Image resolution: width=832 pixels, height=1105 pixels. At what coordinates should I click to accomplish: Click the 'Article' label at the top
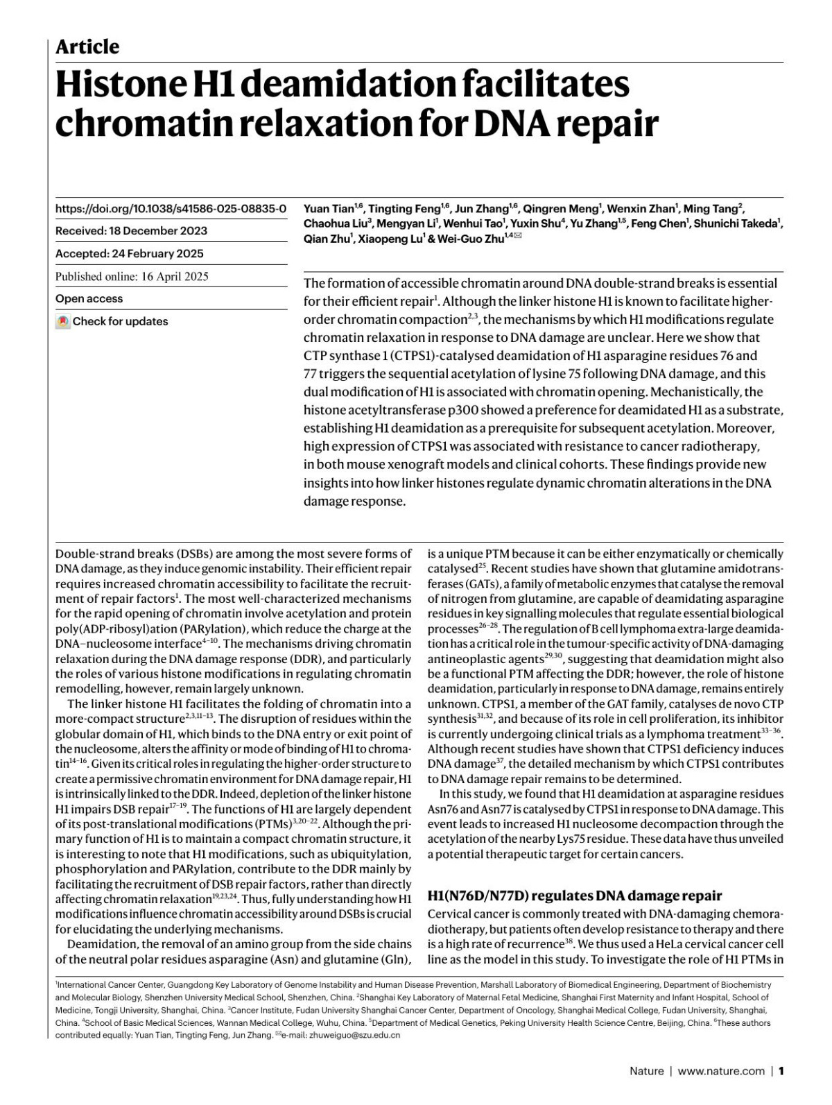pyautogui.click(x=87, y=47)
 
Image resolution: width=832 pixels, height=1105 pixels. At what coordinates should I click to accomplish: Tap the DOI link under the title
pyautogui.click(x=171, y=208)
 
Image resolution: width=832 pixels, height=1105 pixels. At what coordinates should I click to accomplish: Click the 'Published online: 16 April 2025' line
pyautogui.click(x=132, y=277)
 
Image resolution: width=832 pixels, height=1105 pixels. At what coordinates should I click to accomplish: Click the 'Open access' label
pyautogui.click(x=89, y=299)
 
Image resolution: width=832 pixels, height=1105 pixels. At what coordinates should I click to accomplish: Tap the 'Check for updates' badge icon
pyautogui.click(x=63, y=322)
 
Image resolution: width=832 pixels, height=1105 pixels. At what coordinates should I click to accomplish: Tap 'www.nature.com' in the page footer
pyautogui.click(x=721, y=1071)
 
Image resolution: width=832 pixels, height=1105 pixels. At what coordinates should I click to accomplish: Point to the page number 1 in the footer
pyautogui.click(x=781, y=1071)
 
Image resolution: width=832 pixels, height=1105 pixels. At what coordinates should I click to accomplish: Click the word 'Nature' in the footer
pyautogui.click(x=646, y=1071)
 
